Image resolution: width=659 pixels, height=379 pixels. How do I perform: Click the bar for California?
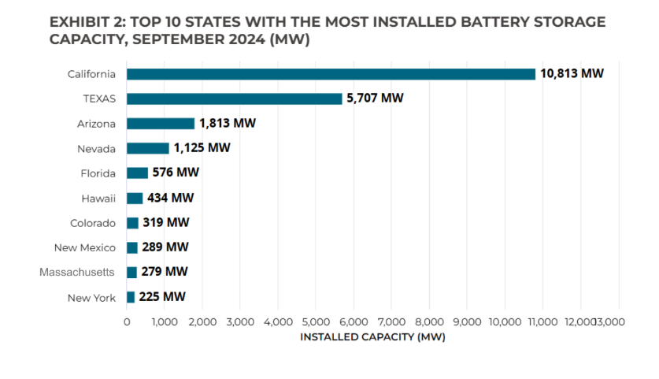331,74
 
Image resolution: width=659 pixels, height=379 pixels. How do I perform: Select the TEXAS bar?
235,98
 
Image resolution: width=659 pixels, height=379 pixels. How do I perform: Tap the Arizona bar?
161,124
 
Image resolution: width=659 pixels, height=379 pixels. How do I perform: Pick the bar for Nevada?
148,148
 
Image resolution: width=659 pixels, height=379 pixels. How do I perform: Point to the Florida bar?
137,173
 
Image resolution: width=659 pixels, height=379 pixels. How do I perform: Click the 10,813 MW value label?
572,74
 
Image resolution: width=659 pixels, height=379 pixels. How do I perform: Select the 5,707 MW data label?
375,98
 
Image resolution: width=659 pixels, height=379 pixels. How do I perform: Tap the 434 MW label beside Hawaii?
170,198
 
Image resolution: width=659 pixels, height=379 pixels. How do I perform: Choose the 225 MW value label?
162,297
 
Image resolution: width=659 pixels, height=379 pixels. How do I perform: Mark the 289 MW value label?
165,247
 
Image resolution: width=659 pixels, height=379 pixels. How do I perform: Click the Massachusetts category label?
78,272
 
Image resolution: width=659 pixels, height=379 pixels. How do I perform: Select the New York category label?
91,297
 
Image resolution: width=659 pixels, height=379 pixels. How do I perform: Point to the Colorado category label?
92,223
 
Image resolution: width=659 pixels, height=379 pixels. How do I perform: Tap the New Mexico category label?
85,247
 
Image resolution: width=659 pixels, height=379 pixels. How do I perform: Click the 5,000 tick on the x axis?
316,321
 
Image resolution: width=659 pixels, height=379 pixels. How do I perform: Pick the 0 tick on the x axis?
127,321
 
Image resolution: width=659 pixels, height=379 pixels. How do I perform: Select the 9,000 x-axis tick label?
467,321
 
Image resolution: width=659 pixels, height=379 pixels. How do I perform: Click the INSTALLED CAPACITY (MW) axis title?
372,336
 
